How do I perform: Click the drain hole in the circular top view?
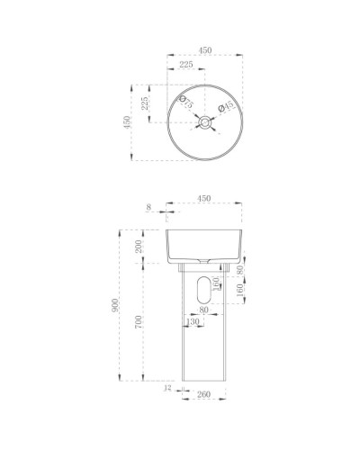click(x=206, y=121)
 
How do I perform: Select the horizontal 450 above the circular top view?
click(x=204, y=51)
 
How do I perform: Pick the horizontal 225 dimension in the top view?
click(x=186, y=66)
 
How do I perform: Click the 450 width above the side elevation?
click(x=203, y=199)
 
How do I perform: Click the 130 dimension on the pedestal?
click(x=192, y=321)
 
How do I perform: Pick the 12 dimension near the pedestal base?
click(x=168, y=389)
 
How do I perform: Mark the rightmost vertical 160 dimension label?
click(x=239, y=291)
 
